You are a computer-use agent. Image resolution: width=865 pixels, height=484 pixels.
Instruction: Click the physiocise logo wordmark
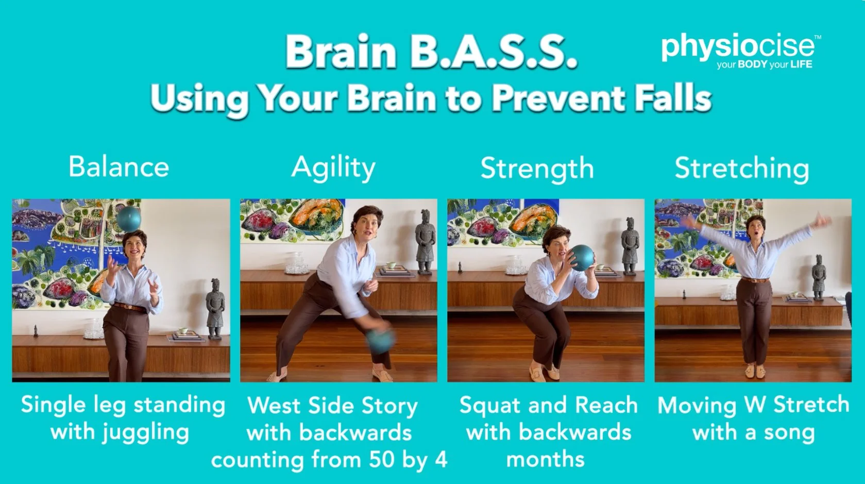click(738, 47)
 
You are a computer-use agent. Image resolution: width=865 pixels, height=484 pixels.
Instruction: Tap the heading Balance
click(119, 167)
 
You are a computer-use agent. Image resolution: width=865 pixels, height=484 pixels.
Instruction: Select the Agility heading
click(334, 169)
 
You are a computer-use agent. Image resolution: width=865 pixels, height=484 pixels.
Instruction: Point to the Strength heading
click(537, 169)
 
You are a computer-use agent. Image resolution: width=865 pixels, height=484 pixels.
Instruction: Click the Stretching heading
click(742, 169)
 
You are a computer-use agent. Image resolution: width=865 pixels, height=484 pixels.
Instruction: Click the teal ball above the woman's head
click(129, 219)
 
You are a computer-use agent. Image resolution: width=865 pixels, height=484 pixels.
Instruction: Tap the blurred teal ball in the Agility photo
click(380, 340)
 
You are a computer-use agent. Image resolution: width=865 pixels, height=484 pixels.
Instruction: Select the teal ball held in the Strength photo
click(582, 257)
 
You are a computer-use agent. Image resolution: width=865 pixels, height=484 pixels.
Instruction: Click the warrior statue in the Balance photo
click(215, 309)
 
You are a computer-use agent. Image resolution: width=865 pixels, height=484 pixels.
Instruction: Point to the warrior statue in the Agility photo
click(425, 242)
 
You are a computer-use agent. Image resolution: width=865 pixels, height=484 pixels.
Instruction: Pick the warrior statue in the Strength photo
click(630, 246)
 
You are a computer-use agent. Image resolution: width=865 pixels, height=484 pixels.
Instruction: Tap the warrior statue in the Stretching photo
click(818, 277)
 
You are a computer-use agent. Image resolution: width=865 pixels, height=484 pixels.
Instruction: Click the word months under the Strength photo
click(545, 460)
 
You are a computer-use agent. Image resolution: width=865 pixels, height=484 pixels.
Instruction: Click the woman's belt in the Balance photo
click(129, 307)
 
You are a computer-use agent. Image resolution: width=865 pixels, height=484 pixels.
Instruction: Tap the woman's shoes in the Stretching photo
click(755, 372)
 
